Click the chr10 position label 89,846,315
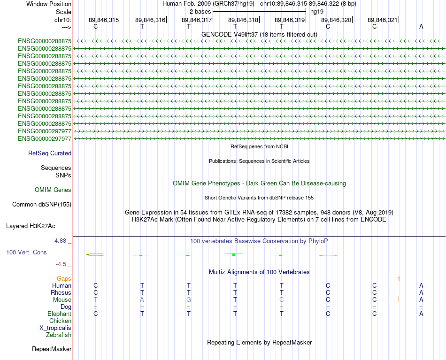[x=104, y=20]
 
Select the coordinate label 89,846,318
[x=243, y=20]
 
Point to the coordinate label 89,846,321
[x=383, y=20]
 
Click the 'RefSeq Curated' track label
[x=50, y=153]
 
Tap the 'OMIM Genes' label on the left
[x=53, y=190]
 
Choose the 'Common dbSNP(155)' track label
[x=42, y=205]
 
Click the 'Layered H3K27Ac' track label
[x=31, y=226]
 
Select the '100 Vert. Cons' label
[x=26, y=252]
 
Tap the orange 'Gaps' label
[x=64, y=279]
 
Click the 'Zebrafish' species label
[x=59, y=335]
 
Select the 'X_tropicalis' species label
[x=55, y=328]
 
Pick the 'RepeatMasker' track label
[x=52, y=349]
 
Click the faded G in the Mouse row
[x=189, y=300]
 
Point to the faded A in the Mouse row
[x=142, y=300]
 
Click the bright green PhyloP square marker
[x=234, y=254]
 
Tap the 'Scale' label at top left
[x=63, y=12]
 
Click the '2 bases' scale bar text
[x=200, y=12]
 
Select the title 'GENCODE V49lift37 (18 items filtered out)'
[x=259, y=34]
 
